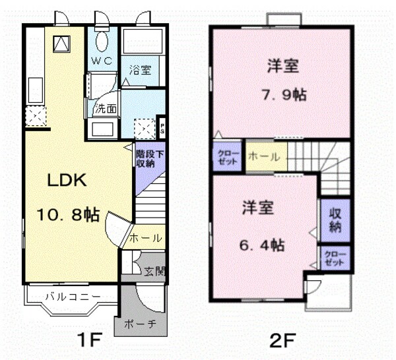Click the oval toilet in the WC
coord(102,42)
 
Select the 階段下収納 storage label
coord(146,160)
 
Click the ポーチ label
coord(139,324)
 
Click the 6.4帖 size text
coord(263,245)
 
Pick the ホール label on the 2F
coord(263,158)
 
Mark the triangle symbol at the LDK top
coord(61,44)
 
